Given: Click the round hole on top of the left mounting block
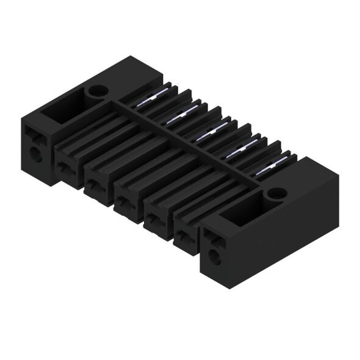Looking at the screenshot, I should coord(95,93).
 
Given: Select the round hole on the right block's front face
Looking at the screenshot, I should coord(215,257).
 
